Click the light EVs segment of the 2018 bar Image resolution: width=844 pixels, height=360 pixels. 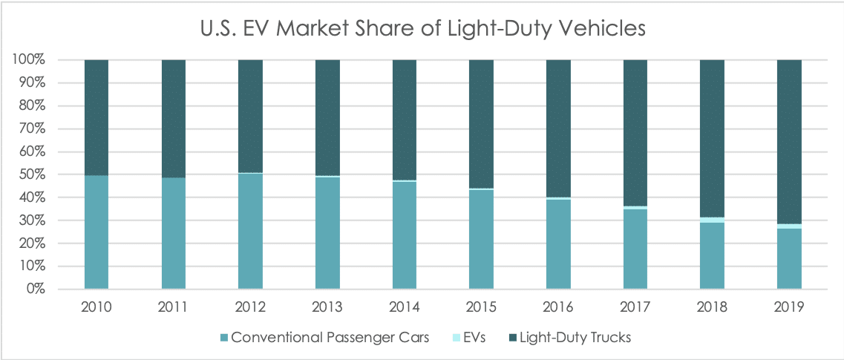[712, 220]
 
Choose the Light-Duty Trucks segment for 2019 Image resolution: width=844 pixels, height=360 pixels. [789, 141]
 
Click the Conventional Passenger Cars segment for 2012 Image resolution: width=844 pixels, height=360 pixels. [250, 231]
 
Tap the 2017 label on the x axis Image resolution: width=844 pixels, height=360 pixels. [635, 307]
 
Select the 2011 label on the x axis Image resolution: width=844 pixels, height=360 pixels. [173, 307]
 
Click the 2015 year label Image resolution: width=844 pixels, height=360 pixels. [481, 307]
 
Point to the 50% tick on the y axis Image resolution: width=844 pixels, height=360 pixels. [30, 174]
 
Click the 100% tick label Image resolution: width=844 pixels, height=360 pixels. [27, 59]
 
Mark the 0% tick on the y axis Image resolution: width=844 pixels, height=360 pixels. [34, 289]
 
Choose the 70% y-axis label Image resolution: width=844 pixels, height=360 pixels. [30, 128]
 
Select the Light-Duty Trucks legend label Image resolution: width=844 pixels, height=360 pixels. [575, 338]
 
